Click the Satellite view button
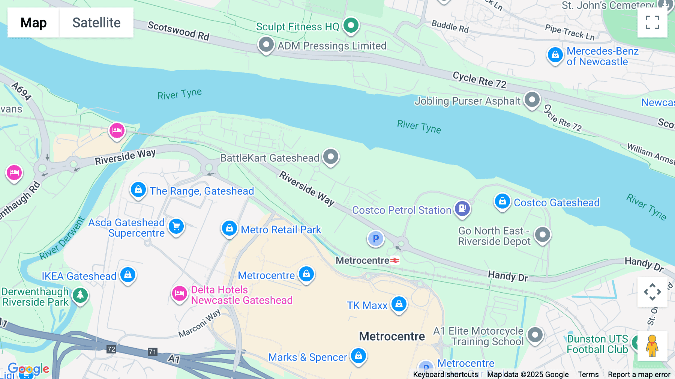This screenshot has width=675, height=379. tap(96, 23)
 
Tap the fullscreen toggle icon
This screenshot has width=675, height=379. tap(652, 23)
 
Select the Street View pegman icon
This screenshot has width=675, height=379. tap(652, 346)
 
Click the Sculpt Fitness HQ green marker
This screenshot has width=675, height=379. tap(351, 26)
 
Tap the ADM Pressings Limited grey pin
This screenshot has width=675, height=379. tap(266, 45)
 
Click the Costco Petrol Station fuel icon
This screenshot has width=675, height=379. tap(462, 208)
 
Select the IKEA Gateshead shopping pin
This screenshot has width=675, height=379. tap(128, 275)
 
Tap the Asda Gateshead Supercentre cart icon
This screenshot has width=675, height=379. tap(176, 227)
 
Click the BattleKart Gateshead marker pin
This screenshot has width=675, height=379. tap(331, 156)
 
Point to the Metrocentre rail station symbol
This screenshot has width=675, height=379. tap(395, 260)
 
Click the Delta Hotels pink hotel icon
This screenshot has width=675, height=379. tap(180, 294)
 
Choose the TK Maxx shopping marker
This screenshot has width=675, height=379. tap(399, 304)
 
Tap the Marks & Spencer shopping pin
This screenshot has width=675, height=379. tap(358, 356)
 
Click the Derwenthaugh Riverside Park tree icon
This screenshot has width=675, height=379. tap(80, 296)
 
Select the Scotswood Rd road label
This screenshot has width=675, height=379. tap(178, 31)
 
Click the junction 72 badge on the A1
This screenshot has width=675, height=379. tap(111, 349)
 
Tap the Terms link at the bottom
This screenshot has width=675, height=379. tap(588, 374)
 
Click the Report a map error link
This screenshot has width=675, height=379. tap(639, 374)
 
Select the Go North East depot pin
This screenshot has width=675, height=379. tap(542, 235)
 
